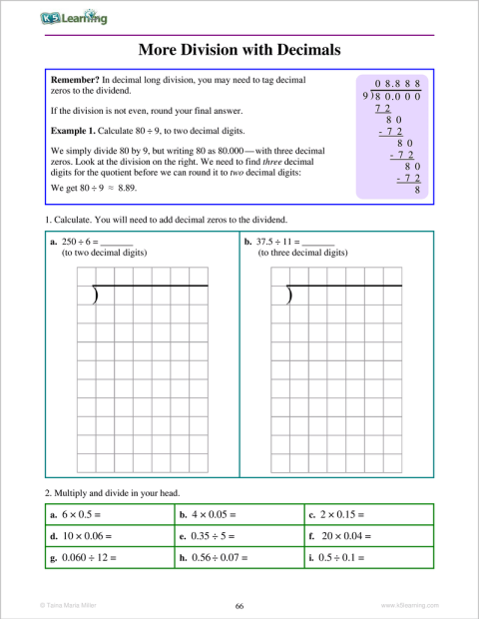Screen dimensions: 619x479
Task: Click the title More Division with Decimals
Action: click(239, 49)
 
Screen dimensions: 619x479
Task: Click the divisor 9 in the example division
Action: click(366, 98)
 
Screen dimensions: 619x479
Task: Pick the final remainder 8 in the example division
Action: click(416, 188)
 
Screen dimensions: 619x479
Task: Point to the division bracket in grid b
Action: click(289, 296)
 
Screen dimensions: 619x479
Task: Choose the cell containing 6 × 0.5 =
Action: click(109, 515)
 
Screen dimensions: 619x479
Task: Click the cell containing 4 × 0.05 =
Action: click(239, 515)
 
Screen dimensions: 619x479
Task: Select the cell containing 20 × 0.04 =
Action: click(368, 535)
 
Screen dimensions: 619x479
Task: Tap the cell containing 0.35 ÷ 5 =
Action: click(239, 535)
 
